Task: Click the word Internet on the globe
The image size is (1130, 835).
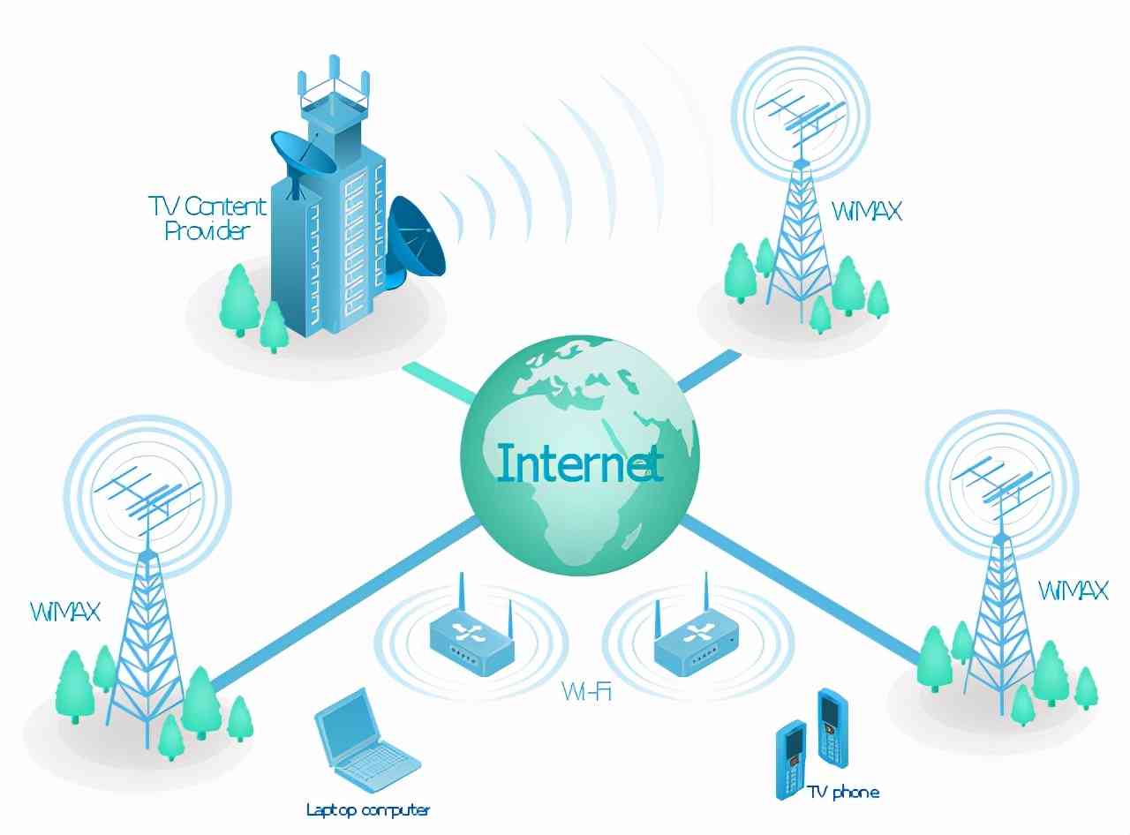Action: (579, 463)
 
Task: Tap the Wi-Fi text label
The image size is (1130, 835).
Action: (587, 691)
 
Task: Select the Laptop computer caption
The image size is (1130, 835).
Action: (368, 809)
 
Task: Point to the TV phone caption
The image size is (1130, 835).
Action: (843, 792)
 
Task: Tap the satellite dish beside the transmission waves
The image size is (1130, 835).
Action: (415, 239)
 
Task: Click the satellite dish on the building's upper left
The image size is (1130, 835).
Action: (303, 152)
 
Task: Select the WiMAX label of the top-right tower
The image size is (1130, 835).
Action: (866, 211)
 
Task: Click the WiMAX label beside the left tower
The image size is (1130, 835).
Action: (65, 611)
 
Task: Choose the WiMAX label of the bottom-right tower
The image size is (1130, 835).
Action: (1073, 591)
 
